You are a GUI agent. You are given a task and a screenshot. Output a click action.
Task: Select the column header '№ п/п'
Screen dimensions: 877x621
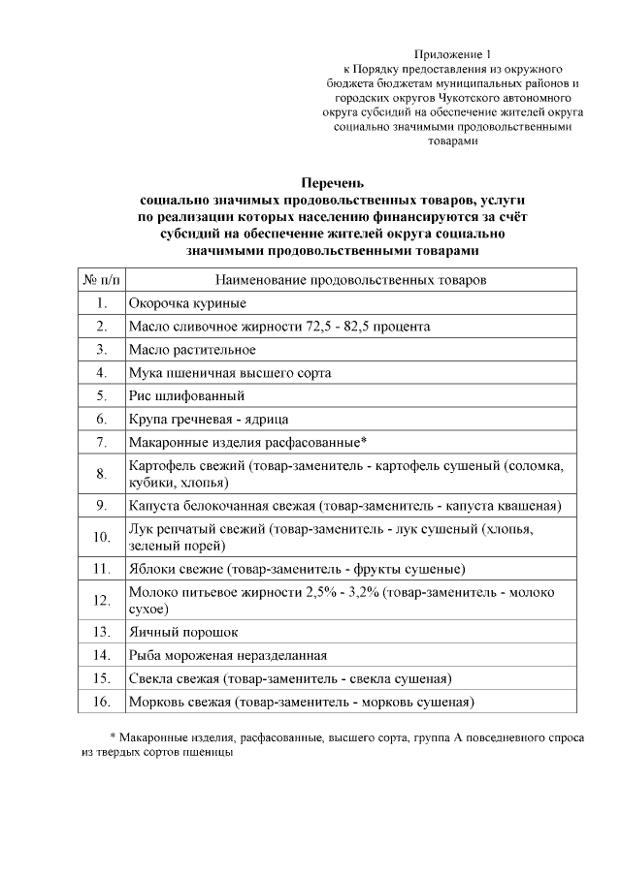101,280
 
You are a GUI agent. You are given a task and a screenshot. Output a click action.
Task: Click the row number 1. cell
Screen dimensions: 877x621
101,303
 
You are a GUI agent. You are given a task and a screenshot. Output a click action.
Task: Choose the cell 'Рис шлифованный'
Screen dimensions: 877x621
185,396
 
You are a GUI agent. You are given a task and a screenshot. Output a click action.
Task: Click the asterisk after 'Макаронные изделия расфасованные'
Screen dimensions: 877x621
362,441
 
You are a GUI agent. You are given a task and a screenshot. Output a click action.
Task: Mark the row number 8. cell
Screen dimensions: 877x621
101,474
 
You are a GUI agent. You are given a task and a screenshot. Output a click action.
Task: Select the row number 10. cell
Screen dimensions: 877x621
101,537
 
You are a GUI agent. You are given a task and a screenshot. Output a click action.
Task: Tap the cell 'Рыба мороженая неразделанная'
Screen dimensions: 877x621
227,655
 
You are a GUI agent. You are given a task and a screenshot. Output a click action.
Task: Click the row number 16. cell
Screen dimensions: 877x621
101,702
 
